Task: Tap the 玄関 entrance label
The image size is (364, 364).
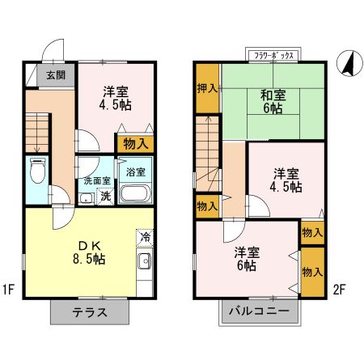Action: pyautogui.click(x=55, y=75)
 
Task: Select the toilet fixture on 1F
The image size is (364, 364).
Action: pyautogui.click(x=36, y=172)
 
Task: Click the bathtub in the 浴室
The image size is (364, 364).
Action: pyautogui.click(x=136, y=195)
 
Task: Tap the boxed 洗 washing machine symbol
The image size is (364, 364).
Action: pyautogui.click(x=105, y=196)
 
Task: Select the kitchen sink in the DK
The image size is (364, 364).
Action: pyautogui.click(x=145, y=261)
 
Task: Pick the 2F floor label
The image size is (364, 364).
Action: pyautogui.click(x=339, y=289)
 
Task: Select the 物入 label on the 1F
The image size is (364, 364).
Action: pyautogui.click(x=135, y=144)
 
